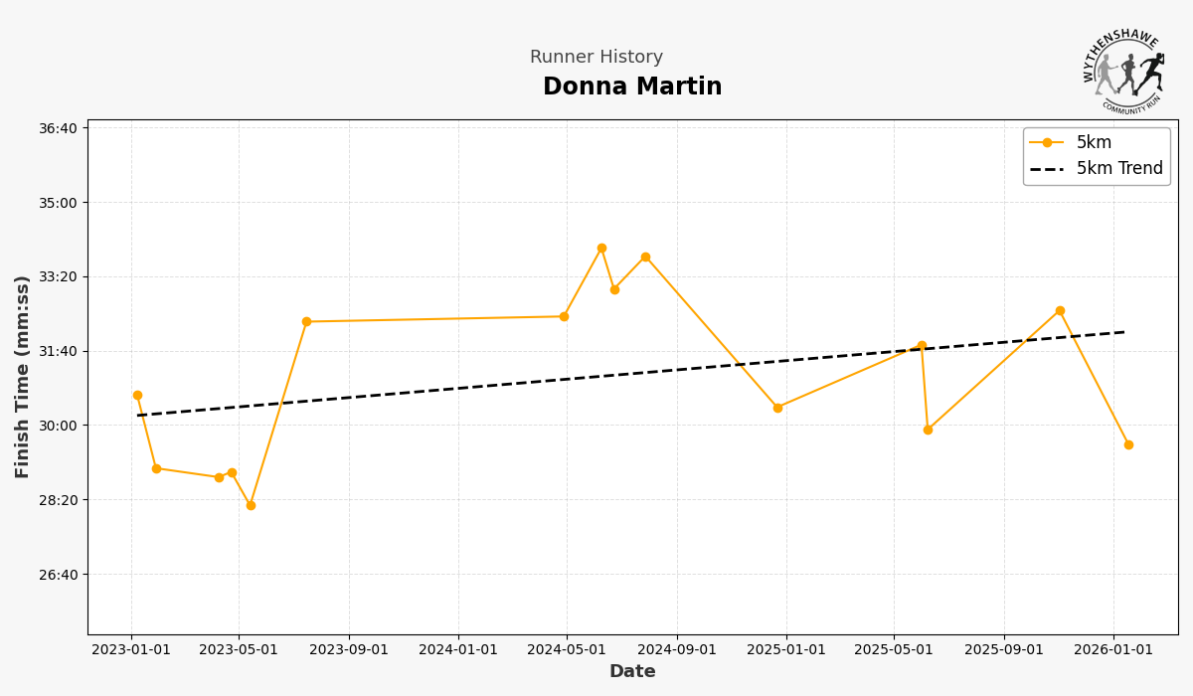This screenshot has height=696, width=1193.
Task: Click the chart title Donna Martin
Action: pyautogui.click(x=632, y=87)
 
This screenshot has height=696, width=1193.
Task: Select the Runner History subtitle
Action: pyautogui.click(x=596, y=58)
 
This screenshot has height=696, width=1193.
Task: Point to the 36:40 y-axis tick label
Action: pyautogui.click(x=58, y=128)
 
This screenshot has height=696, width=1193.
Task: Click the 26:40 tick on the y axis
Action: pyautogui.click(x=58, y=575)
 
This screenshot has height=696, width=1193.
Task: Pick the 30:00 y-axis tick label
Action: pyautogui.click(x=58, y=426)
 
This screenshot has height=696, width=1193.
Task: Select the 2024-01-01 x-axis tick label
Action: pyautogui.click(x=458, y=650)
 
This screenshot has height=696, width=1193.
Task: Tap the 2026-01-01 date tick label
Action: pyautogui.click(x=1112, y=650)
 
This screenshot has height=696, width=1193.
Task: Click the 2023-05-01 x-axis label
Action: pyautogui.click(x=239, y=650)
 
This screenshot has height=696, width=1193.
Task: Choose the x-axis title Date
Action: pyautogui.click(x=632, y=672)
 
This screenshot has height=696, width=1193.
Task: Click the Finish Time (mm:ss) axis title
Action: pyautogui.click(x=23, y=377)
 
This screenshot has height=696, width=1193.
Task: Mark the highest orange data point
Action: pyautogui.click(x=601, y=249)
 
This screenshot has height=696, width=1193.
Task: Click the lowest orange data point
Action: pyautogui.click(x=251, y=506)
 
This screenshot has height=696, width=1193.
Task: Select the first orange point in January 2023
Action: pyautogui.click(x=137, y=396)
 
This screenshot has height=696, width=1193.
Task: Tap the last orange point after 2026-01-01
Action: pyautogui.click(x=1128, y=445)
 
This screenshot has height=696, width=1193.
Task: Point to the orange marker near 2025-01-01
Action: pyautogui.click(x=777, y=408)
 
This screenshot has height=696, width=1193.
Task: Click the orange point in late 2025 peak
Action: pyautogui.click(x=1060, y=311)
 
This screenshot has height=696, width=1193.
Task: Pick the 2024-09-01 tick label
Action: pyautogui.click(x=677, y=650)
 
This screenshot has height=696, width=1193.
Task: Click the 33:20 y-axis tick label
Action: pyautogui.click(x=58, y=277)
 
